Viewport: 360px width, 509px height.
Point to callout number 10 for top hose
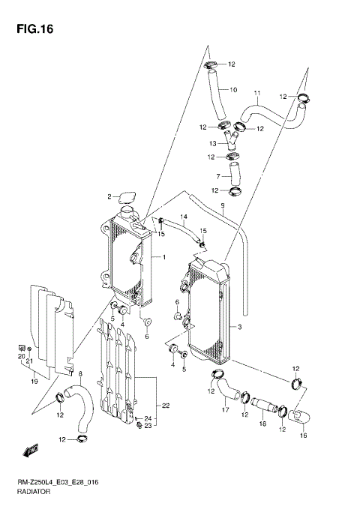pyautogui.click(x=233, y=90)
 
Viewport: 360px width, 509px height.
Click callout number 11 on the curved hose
pyautogui.click(x=256, y=94)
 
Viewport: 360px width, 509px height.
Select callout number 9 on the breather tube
pyautogui.click(x=222, y=205)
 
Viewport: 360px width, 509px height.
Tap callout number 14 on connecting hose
pyautogui.click(x=182, y=217)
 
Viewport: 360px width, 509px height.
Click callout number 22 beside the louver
pyautogui.click(x=166, y=406)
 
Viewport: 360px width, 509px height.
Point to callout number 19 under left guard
pyautogui.click(x=33, y=382)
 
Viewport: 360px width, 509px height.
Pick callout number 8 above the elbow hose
pyautogui.click(x=80, y=373)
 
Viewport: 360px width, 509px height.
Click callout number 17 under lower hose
pyautogui.click(x=224, y=409)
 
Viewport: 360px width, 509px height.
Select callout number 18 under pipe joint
pyautogui.click(x=262, y=424)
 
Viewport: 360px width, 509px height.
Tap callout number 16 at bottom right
pyautogui.click(x=303, y=434)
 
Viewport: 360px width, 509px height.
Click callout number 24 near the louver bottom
pyautogui.click(x=148, y=418)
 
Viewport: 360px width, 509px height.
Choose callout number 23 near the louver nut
pyautogui.click(x=148, y=427)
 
